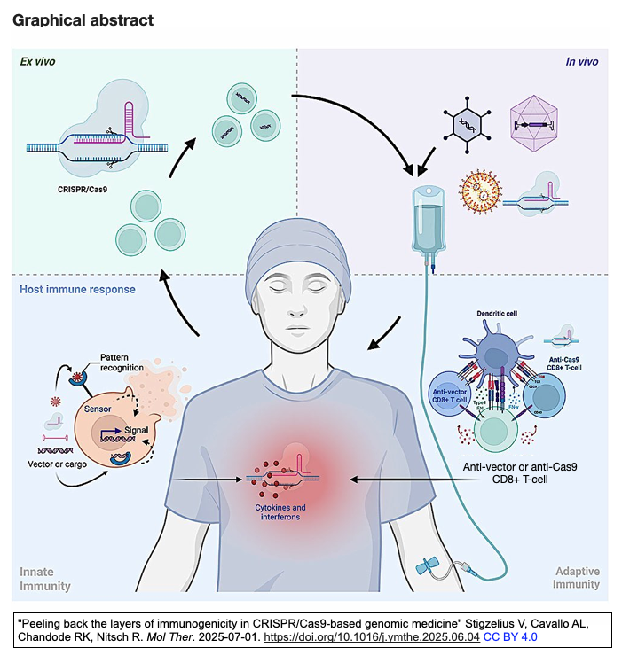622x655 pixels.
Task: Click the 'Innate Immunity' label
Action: tap(45, 579)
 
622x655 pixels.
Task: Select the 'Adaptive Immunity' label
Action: tap(577, 579)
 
